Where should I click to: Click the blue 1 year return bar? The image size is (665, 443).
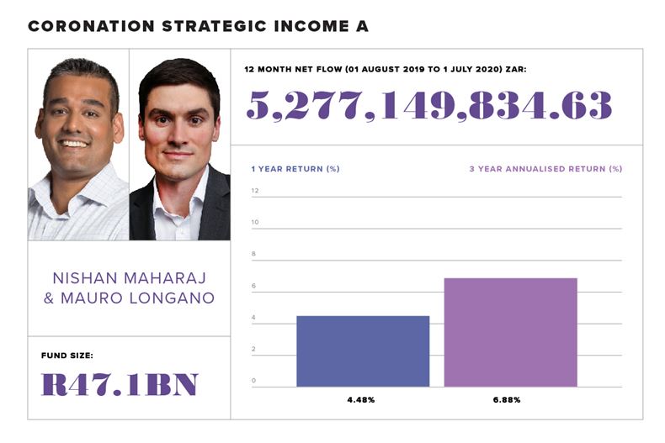363,351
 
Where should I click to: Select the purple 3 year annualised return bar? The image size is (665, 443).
510,332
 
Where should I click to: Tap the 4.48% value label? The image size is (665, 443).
363,399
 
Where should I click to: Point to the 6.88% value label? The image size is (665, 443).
508,399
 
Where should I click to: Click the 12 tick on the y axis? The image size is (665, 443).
254,191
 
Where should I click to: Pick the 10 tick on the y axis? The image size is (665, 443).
254,222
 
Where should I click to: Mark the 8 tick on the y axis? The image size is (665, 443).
253,254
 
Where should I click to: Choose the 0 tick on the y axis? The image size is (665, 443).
253,381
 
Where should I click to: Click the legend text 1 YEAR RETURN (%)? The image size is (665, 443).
295,169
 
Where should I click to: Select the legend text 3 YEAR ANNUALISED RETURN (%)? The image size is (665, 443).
545,169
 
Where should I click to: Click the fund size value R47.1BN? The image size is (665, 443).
119,384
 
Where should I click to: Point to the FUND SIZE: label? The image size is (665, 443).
66,356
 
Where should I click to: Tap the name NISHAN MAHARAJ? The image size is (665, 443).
129,277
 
